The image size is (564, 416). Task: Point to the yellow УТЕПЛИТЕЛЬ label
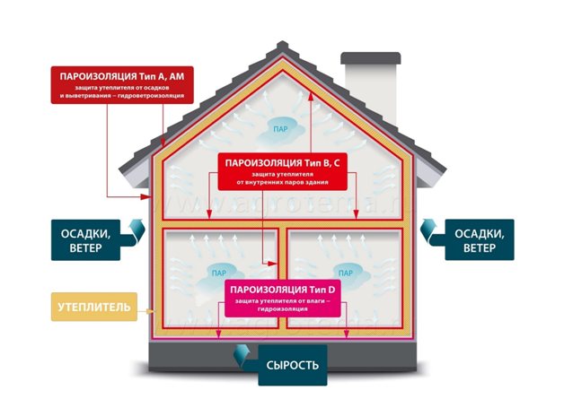click(90, 308)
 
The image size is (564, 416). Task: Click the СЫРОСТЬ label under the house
click(289, 365)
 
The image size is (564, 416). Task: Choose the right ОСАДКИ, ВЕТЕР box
click(480, 239)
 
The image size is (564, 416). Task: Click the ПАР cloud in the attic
click(284, 133)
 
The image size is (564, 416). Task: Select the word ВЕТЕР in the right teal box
click(480, 248)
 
